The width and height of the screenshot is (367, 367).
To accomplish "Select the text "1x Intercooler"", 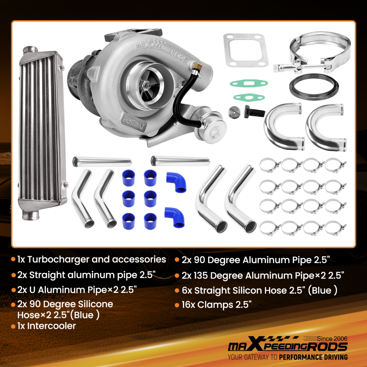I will (46, 326).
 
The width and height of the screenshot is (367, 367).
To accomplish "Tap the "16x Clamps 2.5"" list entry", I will (217, 305).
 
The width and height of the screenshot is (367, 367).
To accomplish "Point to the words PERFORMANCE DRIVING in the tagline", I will (313, 357).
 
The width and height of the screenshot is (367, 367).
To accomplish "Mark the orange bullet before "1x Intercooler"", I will (13, 326).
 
